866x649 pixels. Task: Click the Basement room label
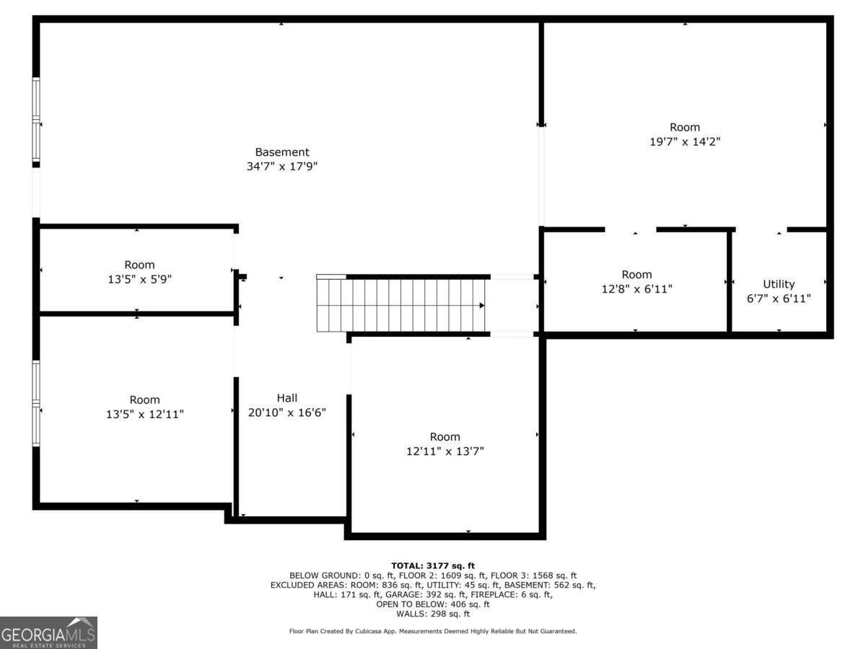coord(281,152)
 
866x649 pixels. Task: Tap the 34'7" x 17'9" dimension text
coord(281,167)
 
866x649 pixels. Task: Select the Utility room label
coord(779,284)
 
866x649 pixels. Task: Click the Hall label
coord(287,398)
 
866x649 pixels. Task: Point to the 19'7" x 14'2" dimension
coord(684,142)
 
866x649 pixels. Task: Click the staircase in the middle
coord(401,306)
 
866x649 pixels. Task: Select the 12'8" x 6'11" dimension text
coord(637,288)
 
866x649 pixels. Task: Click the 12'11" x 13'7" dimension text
coord(445,451)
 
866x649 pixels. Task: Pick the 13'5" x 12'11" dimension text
coord(144,414)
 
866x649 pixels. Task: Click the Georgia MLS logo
coord(48,633)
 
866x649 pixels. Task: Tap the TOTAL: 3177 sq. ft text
coord(432,565)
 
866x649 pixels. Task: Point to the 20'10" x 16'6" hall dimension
coord(287,412)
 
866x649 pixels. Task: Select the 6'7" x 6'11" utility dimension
coord(779,298)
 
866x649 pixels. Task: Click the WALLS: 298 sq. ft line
coord(432,614)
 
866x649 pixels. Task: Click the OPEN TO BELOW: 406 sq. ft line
coord(432,604)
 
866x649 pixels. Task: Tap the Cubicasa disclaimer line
coord(432,632)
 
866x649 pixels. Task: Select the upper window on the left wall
coord(36,122)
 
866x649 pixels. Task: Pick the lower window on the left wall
coord(36,404)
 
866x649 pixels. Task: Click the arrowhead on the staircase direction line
coord(481,306)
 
